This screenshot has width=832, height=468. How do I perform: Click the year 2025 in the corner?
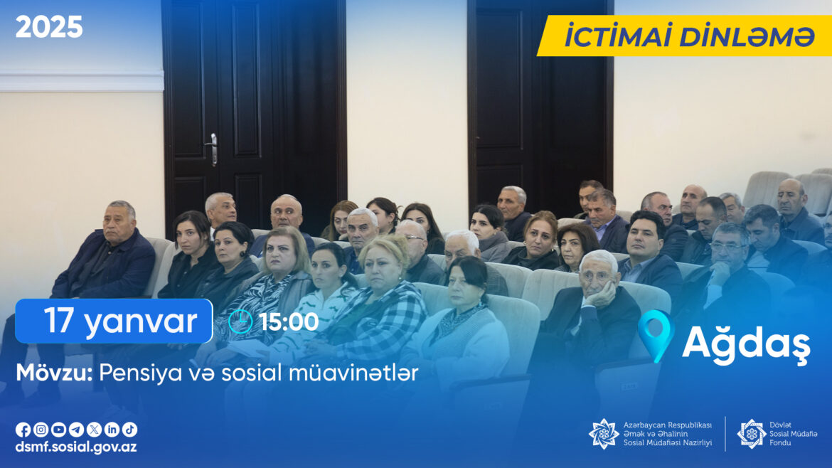click(x=49, y=27)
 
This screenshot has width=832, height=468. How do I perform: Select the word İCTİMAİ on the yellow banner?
click(x=619, y=36)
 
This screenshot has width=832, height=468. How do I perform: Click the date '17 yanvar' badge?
click(x=114, y=321)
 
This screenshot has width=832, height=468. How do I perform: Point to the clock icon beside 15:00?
click(x=240, y=321)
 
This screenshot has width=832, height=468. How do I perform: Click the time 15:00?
click(x=289, y=322)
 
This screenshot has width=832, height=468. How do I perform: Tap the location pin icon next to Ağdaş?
click(x=656, y=336)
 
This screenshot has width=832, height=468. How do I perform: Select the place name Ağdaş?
click(x=746, y=344)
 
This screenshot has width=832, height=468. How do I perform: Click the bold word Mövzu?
click(x=54, y=373)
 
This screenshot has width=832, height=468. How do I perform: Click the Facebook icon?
click(x=23, y=430)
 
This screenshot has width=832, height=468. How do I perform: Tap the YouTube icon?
click(x=58, y=430)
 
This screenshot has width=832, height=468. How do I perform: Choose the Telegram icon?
click(x=76, y=430)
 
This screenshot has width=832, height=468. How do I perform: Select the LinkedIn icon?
click(x=112, y=430)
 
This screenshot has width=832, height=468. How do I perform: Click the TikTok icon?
click(x=130, y=430)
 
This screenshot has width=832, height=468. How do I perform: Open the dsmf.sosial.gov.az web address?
click(x=76, y=447)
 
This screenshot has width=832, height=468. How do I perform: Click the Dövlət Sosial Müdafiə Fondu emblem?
click(x=752, y=434)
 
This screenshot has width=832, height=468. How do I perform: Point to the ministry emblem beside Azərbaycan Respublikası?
click(x=604, y=434)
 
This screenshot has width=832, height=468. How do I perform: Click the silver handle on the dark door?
click(x=213, y=149)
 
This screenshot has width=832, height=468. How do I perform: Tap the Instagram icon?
click(x=41, y=430)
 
